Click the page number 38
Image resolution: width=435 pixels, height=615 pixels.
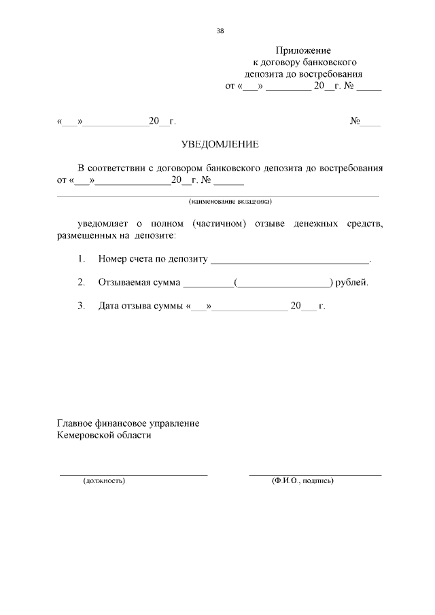(220, 31)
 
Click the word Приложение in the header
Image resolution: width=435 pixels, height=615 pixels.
(303, 50)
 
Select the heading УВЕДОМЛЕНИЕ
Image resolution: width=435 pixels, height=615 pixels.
(220, 144)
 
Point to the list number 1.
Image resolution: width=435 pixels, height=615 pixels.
(82, 259)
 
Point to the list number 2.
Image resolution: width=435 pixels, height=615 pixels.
(82, 283)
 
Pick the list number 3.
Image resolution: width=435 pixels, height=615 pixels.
(82, 306)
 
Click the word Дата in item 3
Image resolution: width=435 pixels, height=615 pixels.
(109, 306)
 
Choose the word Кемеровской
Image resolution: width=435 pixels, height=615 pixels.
(86, 436)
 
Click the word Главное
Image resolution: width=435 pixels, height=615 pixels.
(75, 423)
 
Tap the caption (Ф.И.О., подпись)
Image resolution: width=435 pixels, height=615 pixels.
(302, 480)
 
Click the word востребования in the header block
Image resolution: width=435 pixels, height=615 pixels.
(334, 75)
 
